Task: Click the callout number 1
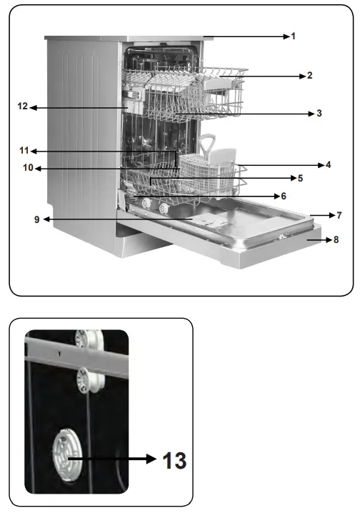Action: point(293,36)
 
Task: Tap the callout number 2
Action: point(309,75)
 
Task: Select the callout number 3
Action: point(319,113)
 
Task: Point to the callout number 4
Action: point(328,164)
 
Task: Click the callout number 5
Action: point(301,178)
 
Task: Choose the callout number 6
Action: point(283,196)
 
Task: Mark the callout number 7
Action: point(339,214)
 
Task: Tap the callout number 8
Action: point(336,240)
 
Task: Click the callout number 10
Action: point(28,169)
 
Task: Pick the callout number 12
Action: point(23,107)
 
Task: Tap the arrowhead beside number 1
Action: point(284,36)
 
